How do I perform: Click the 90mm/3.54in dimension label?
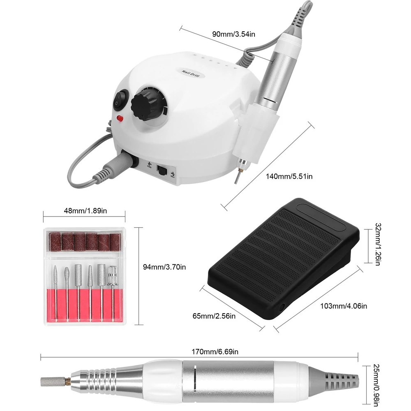coord(233,34)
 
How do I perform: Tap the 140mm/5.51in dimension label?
coord(289,176)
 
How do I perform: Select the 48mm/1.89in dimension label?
coord(85,211)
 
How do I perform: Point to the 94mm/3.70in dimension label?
coord(164,267)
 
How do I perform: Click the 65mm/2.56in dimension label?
coord(214,316)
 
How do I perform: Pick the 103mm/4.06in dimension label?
coord(344,306)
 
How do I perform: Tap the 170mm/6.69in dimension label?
coord(215,351)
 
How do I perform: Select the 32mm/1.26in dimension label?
coord(378,244)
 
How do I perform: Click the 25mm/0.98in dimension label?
coord(376,385)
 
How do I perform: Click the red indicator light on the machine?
coord(120,118)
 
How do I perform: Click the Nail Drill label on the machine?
coord(191,73)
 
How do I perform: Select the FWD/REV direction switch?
coord(162,171)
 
